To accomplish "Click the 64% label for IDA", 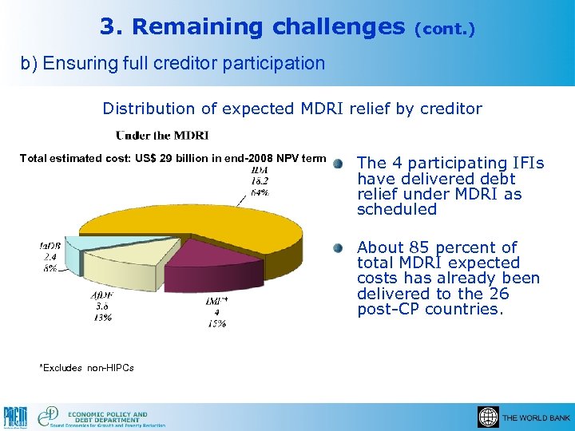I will [x=259, y=192].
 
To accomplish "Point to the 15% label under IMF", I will [x=216, y=323].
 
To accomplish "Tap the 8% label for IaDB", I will [x=49, y=269].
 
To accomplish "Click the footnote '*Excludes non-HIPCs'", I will [x=86, y=368].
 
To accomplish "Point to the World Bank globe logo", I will [x=487, y=417].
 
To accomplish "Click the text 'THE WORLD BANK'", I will [x=536, y=418].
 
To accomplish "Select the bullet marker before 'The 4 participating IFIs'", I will [x=339, y=164].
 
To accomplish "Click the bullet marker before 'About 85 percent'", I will [x=339, y=247].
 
